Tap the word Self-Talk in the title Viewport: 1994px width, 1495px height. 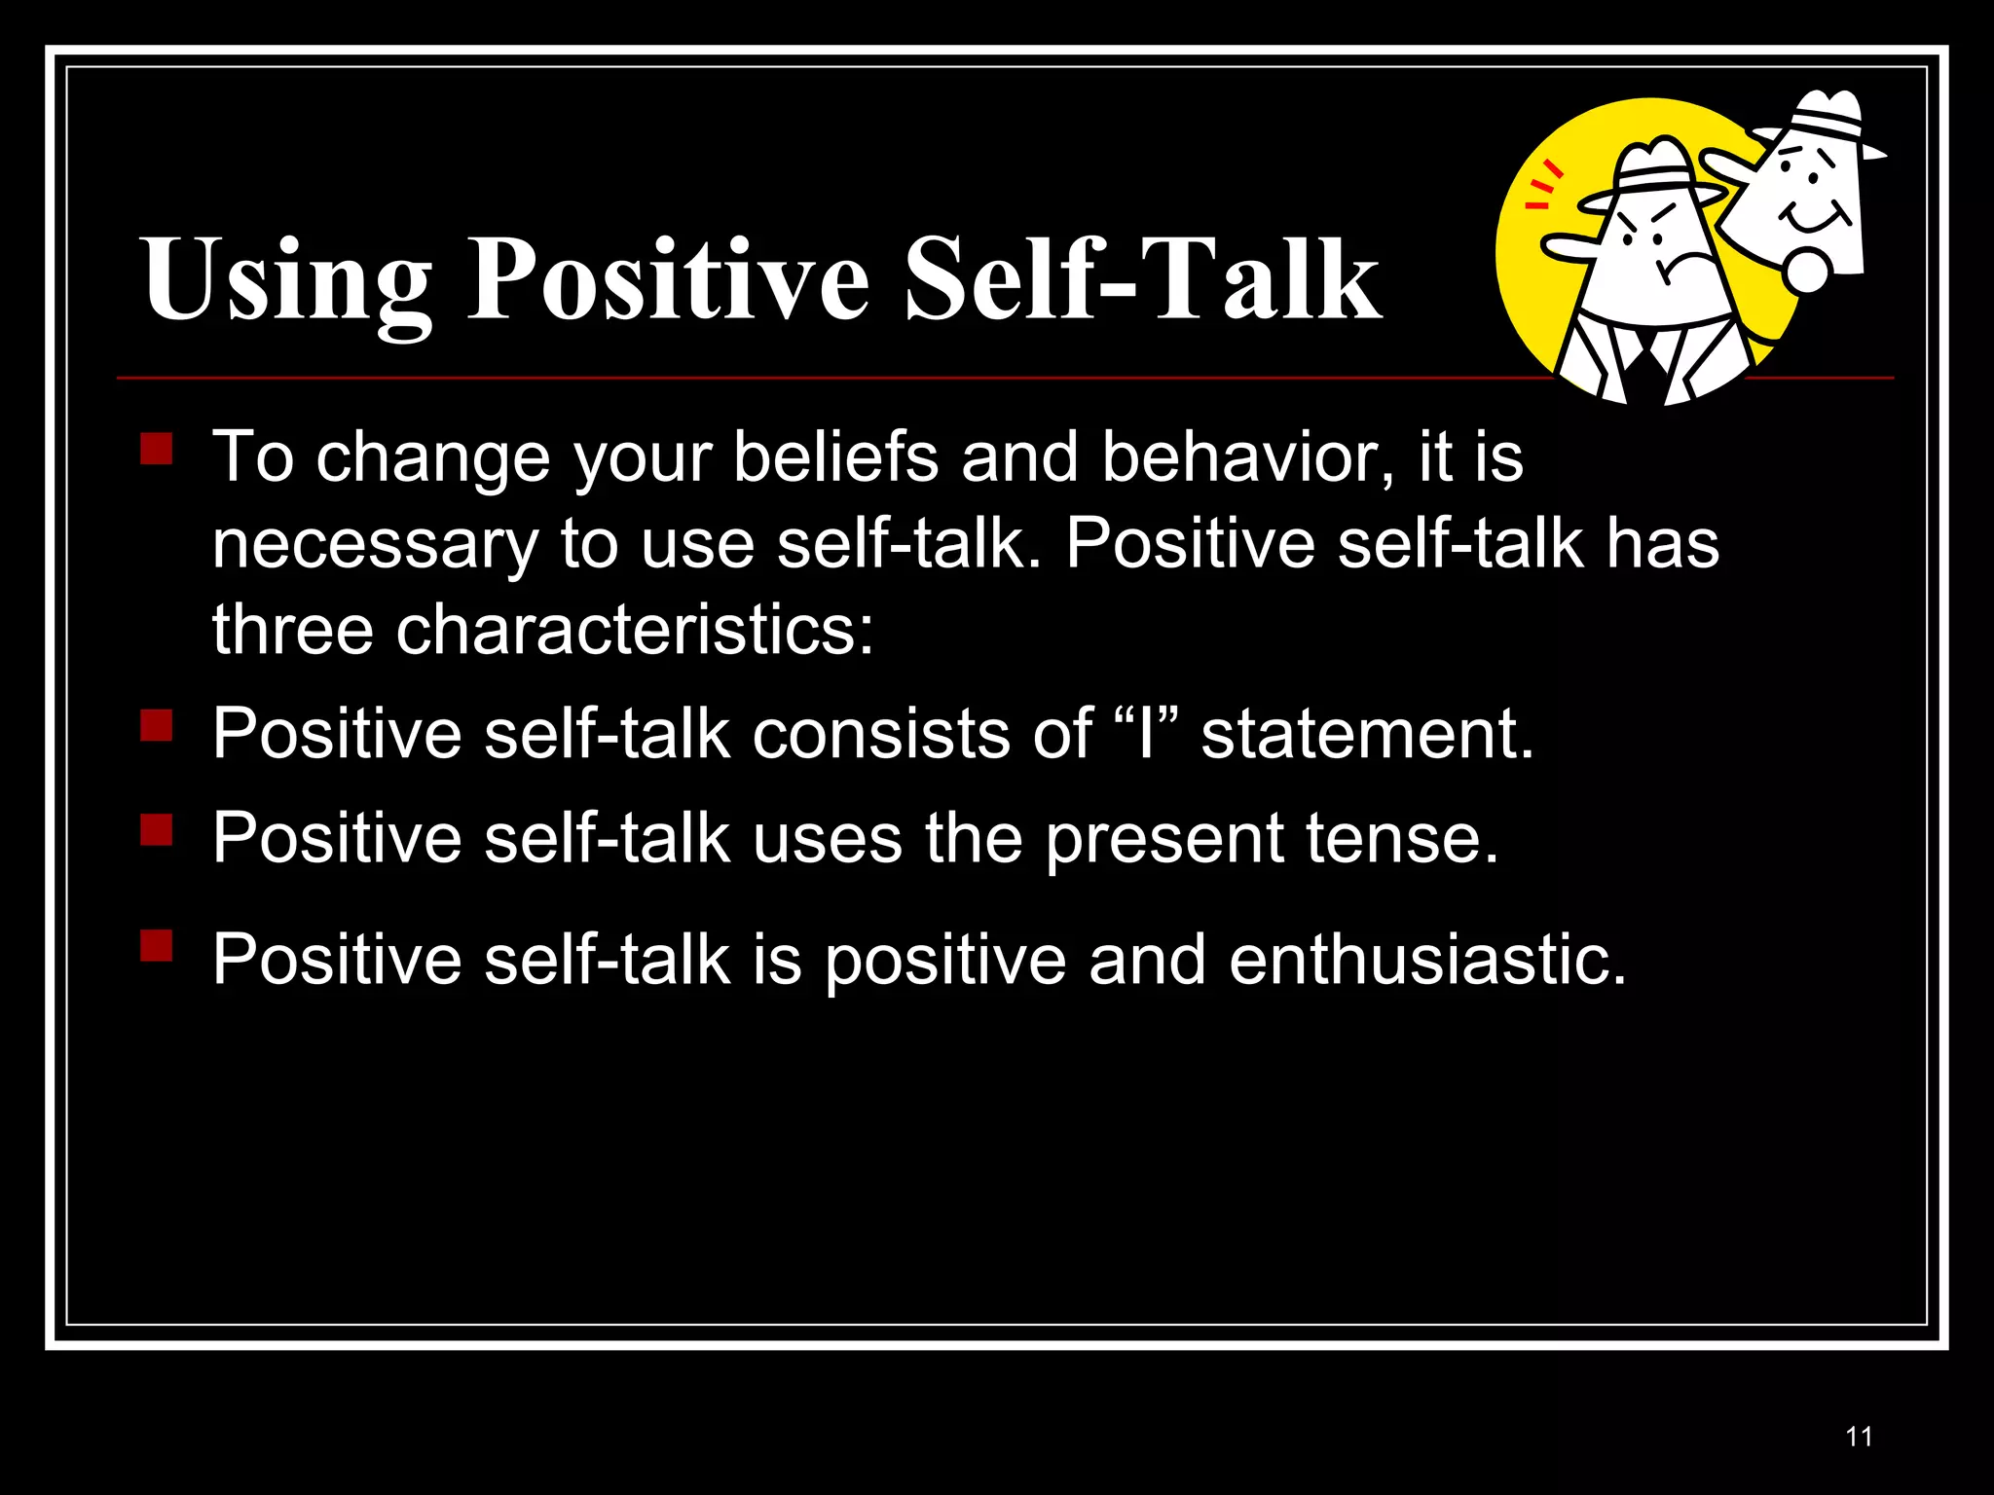tap(1141, 280)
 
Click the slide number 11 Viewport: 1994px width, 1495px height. tap(1859, 1437)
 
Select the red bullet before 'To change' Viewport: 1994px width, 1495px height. tap(156, 450)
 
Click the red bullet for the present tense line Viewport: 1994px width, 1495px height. tap(156, 830)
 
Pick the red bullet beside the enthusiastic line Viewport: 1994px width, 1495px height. tap(156, 945)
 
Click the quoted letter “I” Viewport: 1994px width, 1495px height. tap(1146, 732)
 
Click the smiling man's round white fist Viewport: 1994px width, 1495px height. tap(1808, 271)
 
